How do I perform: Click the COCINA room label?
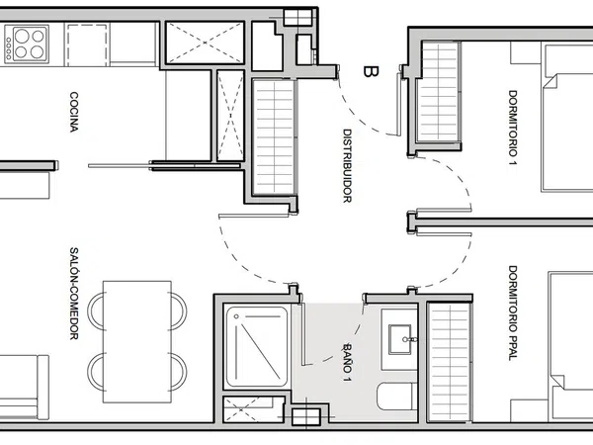pos(74,112)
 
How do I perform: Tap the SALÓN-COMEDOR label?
pos(74,294)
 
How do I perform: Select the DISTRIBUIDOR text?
pos(347,166)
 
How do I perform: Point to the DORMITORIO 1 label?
pos(512,128)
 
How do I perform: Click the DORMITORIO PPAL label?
pos(512,312)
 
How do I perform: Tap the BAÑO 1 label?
pos(347,362)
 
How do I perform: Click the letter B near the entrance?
pos(371,71)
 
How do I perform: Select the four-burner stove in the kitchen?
pos(27,44)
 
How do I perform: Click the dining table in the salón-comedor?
pos(137,342)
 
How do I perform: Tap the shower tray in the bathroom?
pos(257,347)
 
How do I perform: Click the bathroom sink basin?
pos(400,339)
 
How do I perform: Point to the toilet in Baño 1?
pos(397,397)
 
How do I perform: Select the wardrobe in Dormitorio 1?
pos(439,92)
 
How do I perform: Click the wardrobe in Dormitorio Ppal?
pos(450,363)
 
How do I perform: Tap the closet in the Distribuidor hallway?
pos(274,137)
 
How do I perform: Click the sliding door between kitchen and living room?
pos(164,166)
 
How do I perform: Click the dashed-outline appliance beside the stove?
pos(87,44)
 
